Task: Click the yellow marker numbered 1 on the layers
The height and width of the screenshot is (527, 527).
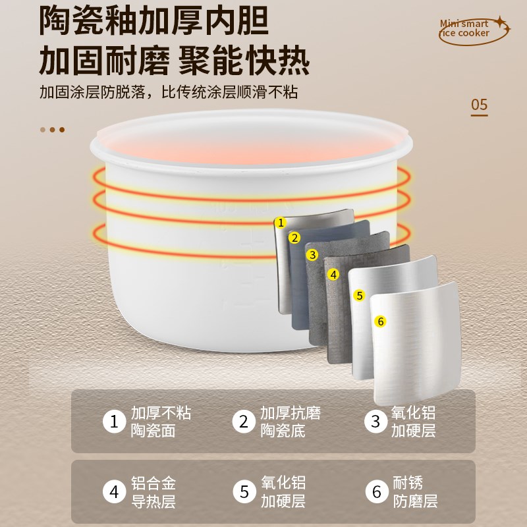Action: tap(281, 223)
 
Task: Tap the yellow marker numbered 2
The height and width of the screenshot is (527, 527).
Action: tap(294, 238)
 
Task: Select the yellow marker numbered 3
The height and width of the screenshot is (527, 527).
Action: tap(312, 254)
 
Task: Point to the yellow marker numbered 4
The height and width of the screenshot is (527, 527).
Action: tap(333, 274)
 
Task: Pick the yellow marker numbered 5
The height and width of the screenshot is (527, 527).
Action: tap(359, 295)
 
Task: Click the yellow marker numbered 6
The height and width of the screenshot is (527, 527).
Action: tap(380, 321)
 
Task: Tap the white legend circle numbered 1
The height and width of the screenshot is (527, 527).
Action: tap(114, 422)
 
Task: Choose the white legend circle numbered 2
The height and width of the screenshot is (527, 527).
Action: tap(244, 422)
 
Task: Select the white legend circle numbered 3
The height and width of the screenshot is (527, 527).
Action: tap(375, 422)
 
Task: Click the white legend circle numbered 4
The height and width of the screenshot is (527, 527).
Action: tap(114, 491)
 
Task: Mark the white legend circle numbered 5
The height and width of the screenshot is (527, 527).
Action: tap(244, 491)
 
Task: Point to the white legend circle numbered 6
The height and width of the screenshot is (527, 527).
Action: tap(375, 491)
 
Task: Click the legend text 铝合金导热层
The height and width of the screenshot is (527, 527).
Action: tap(153, 492)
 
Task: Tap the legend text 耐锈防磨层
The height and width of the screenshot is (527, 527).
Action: tap(416, 492)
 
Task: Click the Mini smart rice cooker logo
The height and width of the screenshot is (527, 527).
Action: tap(473, 30)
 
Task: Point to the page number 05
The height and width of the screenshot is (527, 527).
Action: tap(479, 105)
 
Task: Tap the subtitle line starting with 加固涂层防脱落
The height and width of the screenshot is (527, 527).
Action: tap(173, 93)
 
